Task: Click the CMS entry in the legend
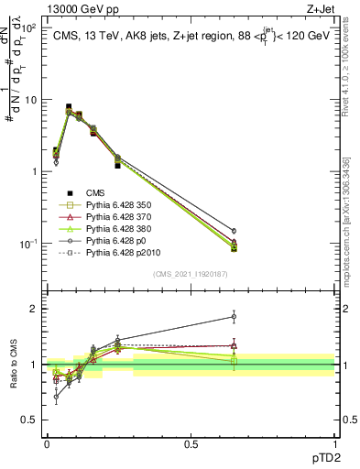[x=96, y=192]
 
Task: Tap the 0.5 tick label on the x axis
[x=191, y=443]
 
